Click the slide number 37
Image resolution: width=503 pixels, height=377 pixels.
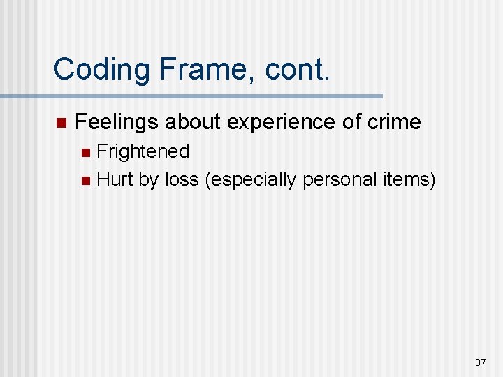pyautogui.click(x=480, y=362)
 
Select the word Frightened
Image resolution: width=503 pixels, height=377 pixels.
pyautogui.click(x=143, y=151)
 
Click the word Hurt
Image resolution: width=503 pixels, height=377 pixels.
pyautogui.click(x=115, y=180)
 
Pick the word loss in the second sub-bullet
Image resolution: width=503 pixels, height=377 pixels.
pyautogui.click(x=182, y=180)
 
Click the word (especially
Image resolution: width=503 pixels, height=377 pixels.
pyautogui.click(x=251, y=180)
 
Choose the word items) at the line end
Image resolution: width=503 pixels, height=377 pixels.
pyautogui.click(x=409, y=180)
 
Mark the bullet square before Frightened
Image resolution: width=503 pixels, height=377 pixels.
pyautogui.click(x=85, y=152)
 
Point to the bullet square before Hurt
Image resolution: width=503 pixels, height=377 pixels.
pyautogui.click(x=85, y=181)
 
